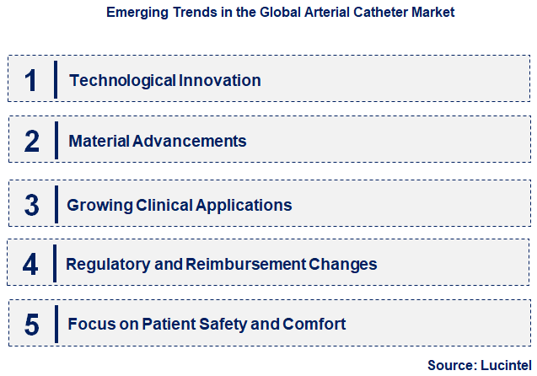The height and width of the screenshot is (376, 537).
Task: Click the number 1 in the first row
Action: coord(31,80)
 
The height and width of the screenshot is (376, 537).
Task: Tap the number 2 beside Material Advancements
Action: coord(31,141)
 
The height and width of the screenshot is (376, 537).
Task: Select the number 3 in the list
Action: coord(31,205)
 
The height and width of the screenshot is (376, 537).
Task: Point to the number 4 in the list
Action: coord(31,265)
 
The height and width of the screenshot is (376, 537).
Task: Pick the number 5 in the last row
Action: coord(31,325)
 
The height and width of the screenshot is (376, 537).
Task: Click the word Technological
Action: coord(122,81)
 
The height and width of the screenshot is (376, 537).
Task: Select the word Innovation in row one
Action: coord(220,81)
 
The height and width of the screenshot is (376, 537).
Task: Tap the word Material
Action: coord(98,142)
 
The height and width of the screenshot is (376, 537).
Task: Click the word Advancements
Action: coord(189,142)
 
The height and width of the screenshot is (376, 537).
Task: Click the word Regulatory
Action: coord(105,265)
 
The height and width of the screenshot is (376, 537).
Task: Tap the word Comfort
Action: coord(317,325)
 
